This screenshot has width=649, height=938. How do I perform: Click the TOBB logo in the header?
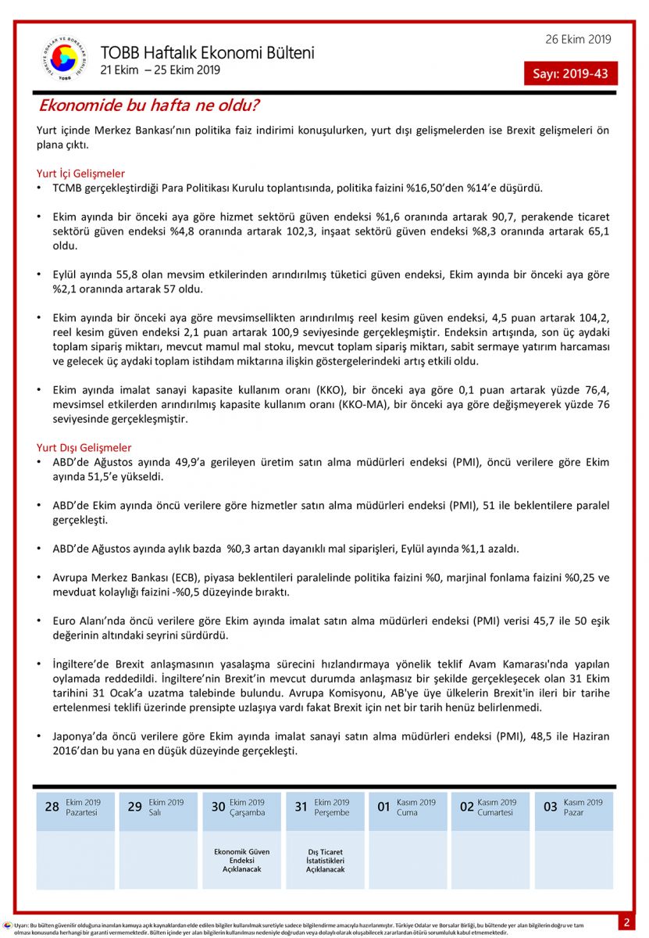point(63,59)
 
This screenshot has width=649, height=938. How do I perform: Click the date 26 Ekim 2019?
point(578,39)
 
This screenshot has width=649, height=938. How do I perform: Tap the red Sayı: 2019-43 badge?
point(570,74)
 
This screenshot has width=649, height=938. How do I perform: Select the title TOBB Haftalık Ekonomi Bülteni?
point(207,53)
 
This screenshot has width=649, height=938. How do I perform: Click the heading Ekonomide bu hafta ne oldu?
point(149,105)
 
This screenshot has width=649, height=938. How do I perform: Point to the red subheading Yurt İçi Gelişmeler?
point(80,174)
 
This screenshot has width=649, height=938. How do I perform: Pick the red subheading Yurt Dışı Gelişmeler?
point(84,448)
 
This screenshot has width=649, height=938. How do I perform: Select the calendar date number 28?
point(52,807)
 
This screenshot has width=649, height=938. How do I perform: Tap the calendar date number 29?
point(134,807)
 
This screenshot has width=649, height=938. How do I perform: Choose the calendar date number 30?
point(218,807)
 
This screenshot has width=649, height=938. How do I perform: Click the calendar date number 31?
point(301,807)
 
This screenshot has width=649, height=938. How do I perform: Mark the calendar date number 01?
point(383,807)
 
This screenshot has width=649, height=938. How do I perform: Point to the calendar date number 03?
point(550,807)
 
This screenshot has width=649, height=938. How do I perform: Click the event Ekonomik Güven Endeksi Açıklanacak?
point(241,860)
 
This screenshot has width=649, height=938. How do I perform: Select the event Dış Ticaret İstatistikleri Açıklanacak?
point(325,860)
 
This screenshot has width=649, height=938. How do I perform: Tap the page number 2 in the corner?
point(626,922)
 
